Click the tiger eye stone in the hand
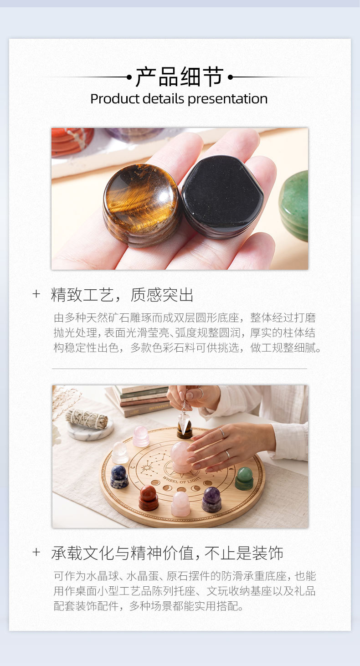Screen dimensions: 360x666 pos(142,205)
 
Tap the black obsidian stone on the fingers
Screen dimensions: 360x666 pos(222,197)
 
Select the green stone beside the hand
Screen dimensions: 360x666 pos(294,205)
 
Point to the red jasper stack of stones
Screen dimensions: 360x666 pos(72,142)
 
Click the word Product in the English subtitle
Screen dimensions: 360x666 pos(115,99)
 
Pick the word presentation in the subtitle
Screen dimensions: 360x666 pos(227,99)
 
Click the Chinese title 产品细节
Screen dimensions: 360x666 pos(180,77)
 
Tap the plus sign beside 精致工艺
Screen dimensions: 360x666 pos(36,294)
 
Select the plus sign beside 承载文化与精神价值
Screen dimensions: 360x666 pos(36,553)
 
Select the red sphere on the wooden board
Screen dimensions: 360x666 pos(148,498)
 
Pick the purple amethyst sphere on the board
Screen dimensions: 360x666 pos(211,499)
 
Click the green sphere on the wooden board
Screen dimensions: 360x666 pos(244,478)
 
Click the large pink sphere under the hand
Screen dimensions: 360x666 pos(180,456)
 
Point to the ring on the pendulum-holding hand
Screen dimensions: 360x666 pos(201,393)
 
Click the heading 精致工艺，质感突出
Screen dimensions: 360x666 pos(122,295)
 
